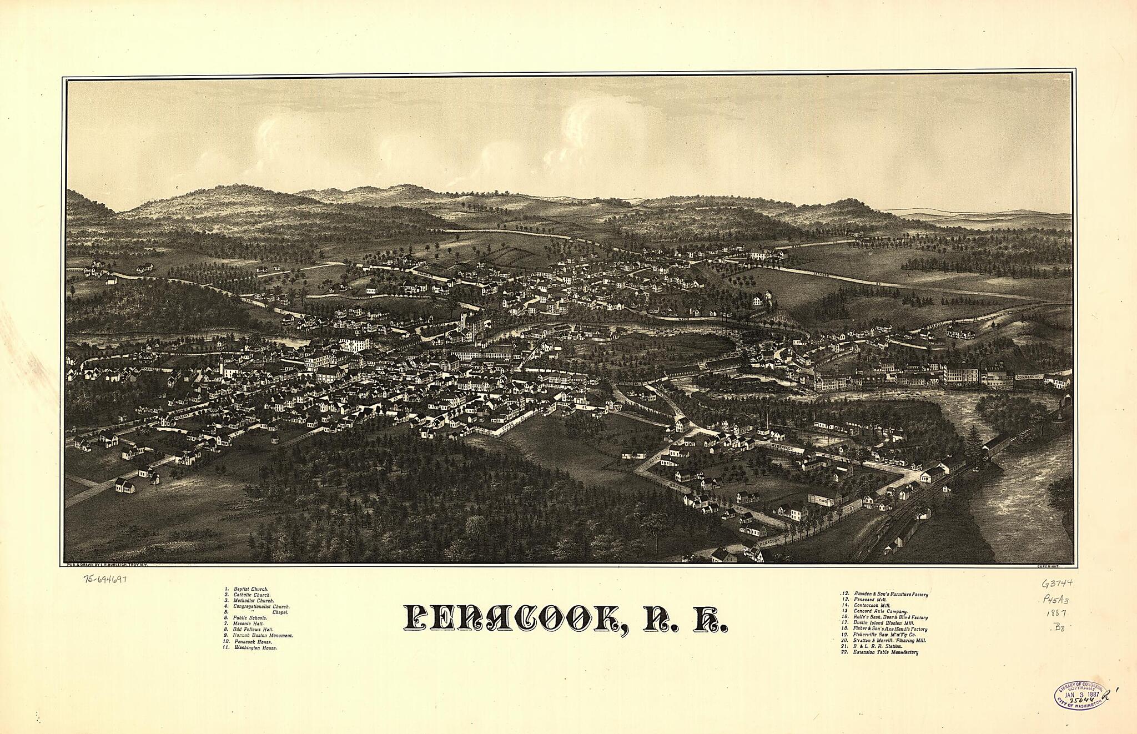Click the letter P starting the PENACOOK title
pyautogui.click(x=417, y=617)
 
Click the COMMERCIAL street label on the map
pyautogui.click(x=1028, y=378)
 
